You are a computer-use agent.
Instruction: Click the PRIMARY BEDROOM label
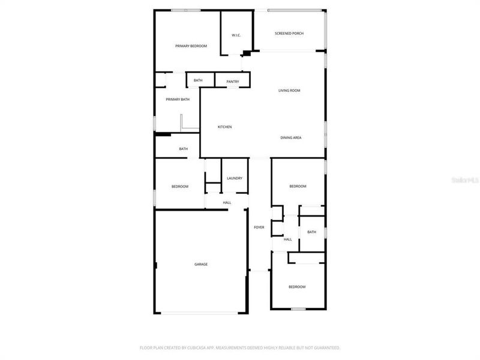coord(191,46)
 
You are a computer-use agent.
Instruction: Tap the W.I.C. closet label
coord(236,35)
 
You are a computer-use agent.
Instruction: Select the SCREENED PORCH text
coord(289,34)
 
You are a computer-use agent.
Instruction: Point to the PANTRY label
coord(233,82)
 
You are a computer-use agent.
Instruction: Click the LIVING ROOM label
coord(289,91)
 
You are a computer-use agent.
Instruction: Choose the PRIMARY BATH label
coord(178,100)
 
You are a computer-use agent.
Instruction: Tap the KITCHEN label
coord(224,127)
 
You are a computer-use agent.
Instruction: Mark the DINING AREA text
coord(291,138)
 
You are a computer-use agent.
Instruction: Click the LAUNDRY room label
coord(235,178)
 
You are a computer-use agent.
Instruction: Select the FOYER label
coord(259,227)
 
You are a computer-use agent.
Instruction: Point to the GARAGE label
coord(200,265)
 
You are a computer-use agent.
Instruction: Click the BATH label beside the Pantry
coord(198,80)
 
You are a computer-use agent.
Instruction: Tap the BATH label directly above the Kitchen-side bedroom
coord(183,149)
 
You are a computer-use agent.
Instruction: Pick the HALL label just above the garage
coord(227,203)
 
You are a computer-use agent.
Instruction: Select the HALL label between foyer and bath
coord(288,239)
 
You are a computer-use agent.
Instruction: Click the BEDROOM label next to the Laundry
coord(180,187)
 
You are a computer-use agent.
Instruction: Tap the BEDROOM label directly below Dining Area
coord(298,187)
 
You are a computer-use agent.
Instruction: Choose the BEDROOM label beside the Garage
coord(297,287)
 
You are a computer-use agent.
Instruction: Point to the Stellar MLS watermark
coord(467,179)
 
